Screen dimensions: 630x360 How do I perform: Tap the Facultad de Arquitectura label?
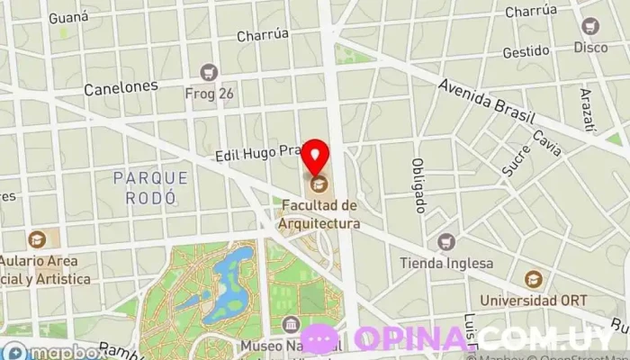[x=320, y=215]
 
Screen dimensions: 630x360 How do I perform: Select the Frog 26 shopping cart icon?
[x=210, y=71]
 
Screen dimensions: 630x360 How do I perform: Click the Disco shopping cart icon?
[x=590, y=26]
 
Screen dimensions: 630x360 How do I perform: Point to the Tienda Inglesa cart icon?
[x=445, y=242]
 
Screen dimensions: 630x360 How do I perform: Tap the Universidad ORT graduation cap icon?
[x=534, y=279]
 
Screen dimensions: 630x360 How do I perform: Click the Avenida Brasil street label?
[x=487, y=101]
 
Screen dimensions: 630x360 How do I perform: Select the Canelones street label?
[x=121, y=87]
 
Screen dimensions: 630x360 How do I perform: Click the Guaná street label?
[x=68, y=17]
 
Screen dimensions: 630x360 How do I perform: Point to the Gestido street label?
[x=526, y=52]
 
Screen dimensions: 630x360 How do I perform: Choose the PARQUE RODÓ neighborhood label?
[x=145, y=186]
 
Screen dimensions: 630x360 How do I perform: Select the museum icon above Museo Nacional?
[x=291, y=325]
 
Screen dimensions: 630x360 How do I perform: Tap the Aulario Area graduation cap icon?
[x=37, y=239]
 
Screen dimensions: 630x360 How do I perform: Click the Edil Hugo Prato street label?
[x=256, y=155]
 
